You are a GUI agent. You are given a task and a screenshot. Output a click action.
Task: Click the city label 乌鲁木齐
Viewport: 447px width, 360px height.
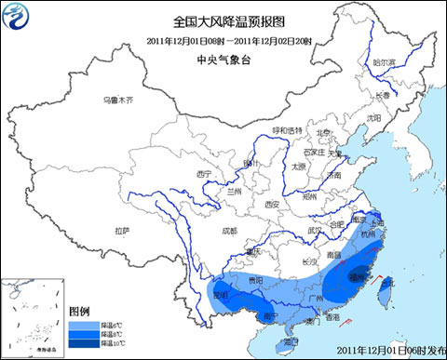click(x=118, y=99)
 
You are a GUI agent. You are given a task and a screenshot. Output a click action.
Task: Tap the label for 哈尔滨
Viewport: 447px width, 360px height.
click(x=385, y=62)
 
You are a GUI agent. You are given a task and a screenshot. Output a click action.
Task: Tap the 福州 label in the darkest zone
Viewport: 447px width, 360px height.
click(x=357, y=276)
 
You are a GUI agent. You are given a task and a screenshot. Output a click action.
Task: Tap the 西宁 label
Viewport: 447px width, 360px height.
click(x=205, y=174)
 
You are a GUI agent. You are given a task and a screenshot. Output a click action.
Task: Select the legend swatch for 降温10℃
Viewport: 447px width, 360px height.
click(x=81, y=343)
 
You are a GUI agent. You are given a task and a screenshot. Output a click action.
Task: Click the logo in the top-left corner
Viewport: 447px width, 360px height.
click(x=18, y=18)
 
